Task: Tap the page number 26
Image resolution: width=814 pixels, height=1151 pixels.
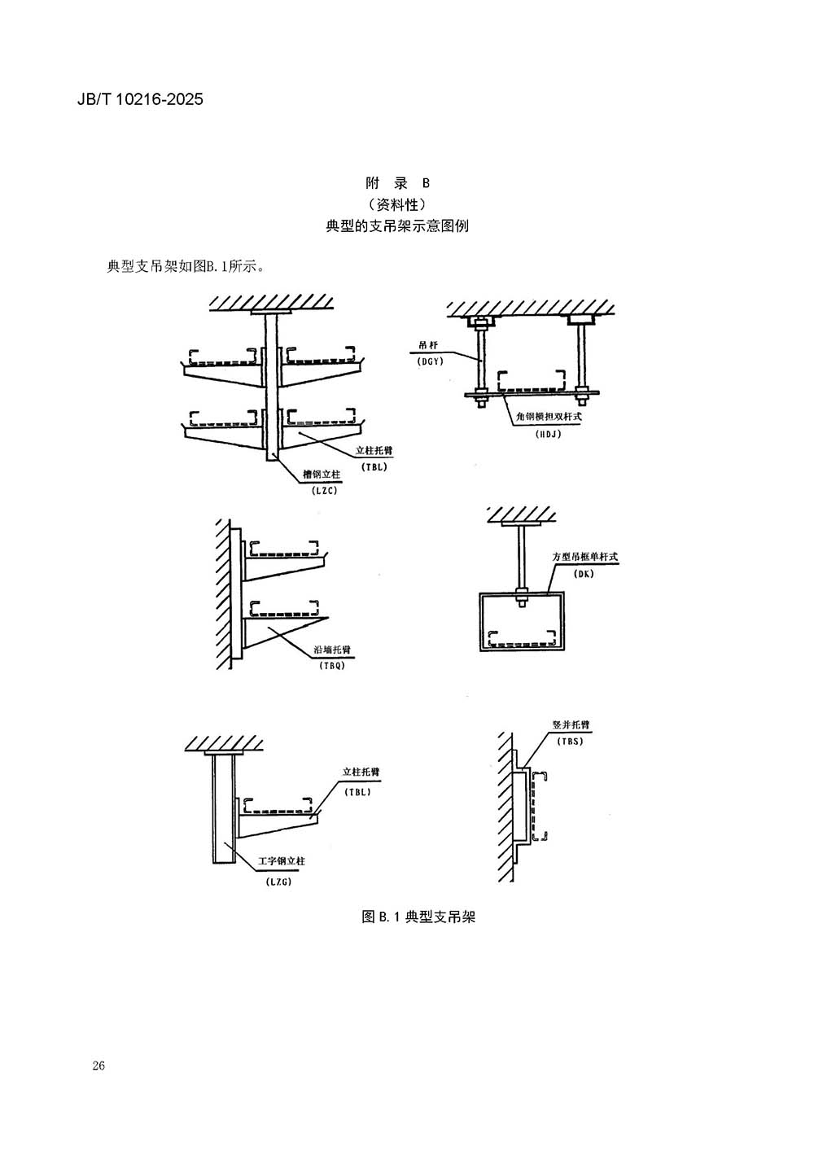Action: click(x=99, y=1066)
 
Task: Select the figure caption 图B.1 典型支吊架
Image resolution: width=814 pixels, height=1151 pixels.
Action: click(x=418, y=917)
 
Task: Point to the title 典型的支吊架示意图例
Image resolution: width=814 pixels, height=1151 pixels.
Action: click(x=397, y=226)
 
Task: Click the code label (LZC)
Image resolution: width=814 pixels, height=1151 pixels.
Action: click(x=323, y=490)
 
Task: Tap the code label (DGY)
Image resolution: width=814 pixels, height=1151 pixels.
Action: click(x=429, y=361)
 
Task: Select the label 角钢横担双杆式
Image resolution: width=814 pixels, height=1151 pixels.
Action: click(x=549, y=416)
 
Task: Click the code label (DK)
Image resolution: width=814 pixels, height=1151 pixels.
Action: click(x=584, y=574)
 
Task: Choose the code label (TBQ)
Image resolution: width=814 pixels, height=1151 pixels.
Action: click(x=334, y=665)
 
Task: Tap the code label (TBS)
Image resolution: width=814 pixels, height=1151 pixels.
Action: click(x=570, y=741)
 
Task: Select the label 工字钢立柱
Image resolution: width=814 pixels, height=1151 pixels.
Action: click(x=282, y=860)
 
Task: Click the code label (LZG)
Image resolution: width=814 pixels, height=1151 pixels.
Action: click(x=278, y=882)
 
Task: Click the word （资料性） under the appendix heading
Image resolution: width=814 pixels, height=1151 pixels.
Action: click(x=397, y=204)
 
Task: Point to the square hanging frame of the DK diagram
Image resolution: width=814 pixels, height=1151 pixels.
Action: click(x=520, y=621)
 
